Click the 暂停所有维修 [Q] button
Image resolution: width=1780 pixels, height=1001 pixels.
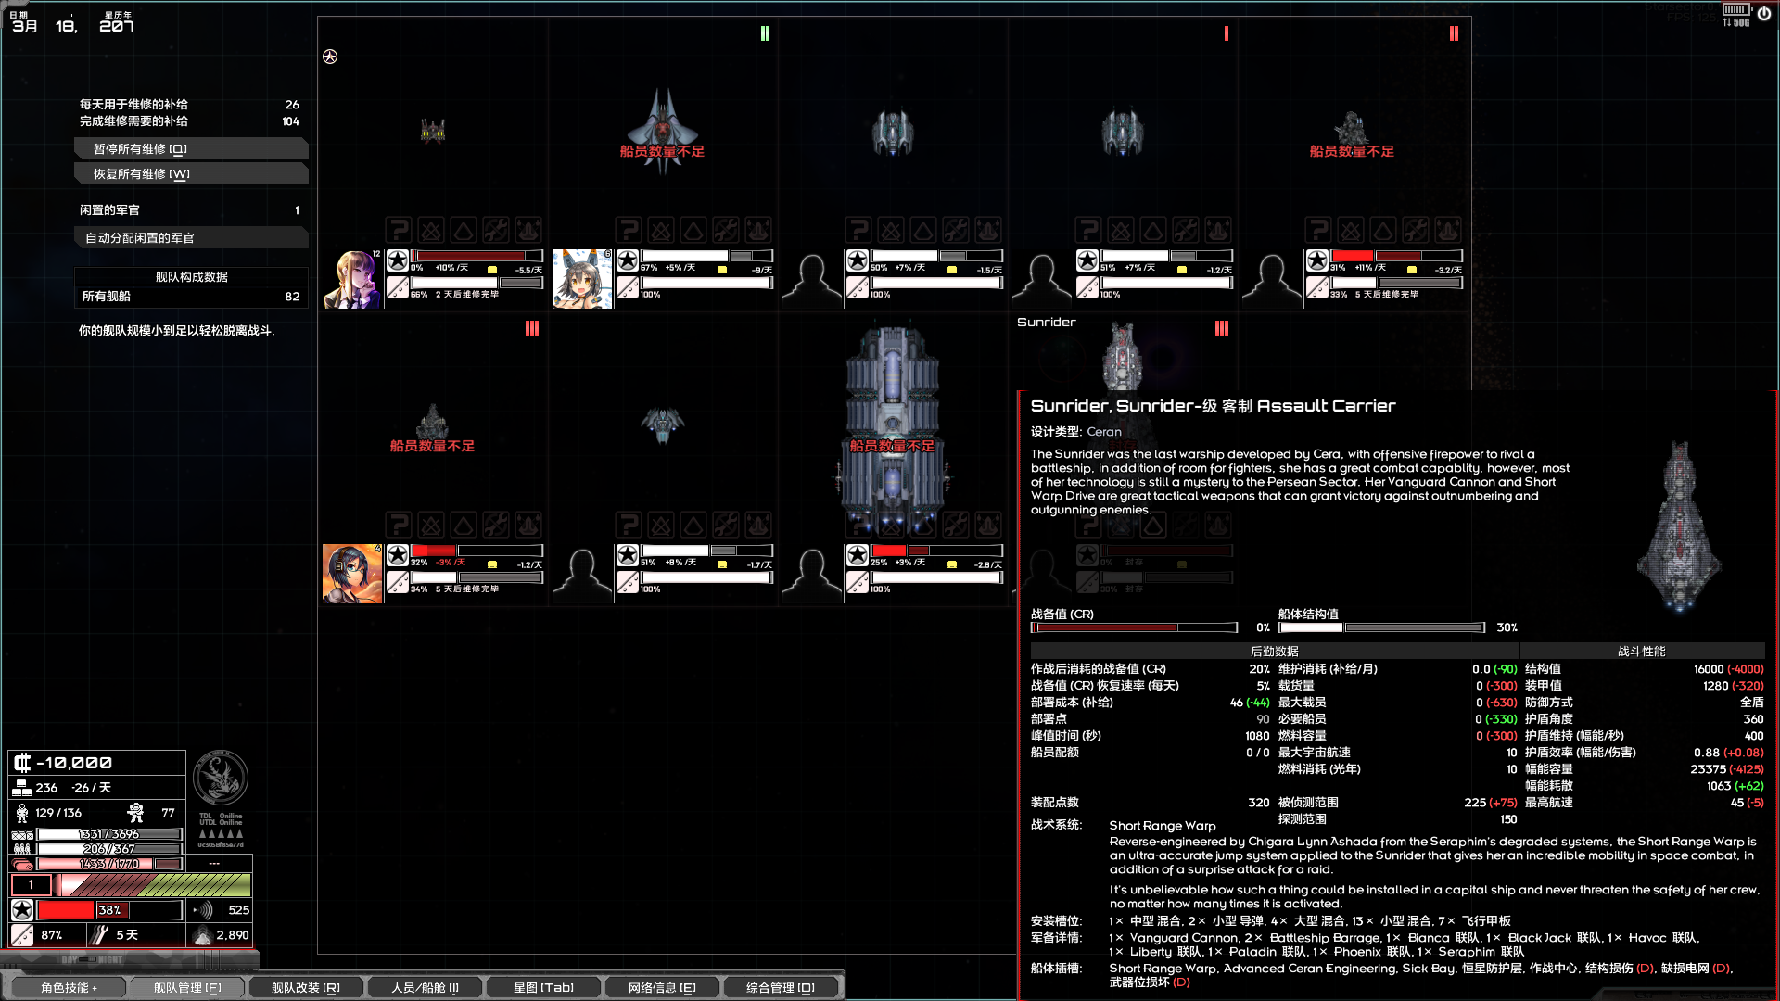point(190,149)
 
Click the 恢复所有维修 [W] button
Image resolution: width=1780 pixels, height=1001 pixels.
point(190,174)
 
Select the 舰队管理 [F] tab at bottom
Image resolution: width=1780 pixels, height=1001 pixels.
point(187,988)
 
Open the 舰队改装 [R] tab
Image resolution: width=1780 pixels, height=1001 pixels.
point(305,988)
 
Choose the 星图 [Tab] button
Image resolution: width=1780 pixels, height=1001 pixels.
point(543,988)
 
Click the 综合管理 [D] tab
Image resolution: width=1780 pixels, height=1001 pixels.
point(780,988)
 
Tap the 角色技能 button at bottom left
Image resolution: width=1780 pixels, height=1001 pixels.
point(69,988)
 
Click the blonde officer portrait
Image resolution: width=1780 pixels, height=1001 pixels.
point(352,279)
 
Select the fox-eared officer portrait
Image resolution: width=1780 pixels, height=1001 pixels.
point(582,279)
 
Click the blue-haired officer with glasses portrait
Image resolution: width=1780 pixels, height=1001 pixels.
point(352,574)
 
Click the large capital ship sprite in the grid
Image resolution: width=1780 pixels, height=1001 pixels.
point(892,431)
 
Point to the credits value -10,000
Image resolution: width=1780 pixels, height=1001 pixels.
point(74,763)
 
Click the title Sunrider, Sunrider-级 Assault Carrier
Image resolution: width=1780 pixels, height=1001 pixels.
point(1213,406)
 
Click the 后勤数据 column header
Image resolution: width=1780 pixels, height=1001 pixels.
point(1274,652)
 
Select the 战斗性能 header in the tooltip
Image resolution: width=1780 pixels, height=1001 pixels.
point(1641,652)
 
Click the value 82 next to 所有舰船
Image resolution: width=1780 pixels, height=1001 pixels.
point(292,297)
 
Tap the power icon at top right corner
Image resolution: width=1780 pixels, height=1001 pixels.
point(1763,14)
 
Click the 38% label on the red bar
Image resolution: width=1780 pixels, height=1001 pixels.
point(109,910)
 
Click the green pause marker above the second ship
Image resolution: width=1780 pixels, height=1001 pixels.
point(765,33)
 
